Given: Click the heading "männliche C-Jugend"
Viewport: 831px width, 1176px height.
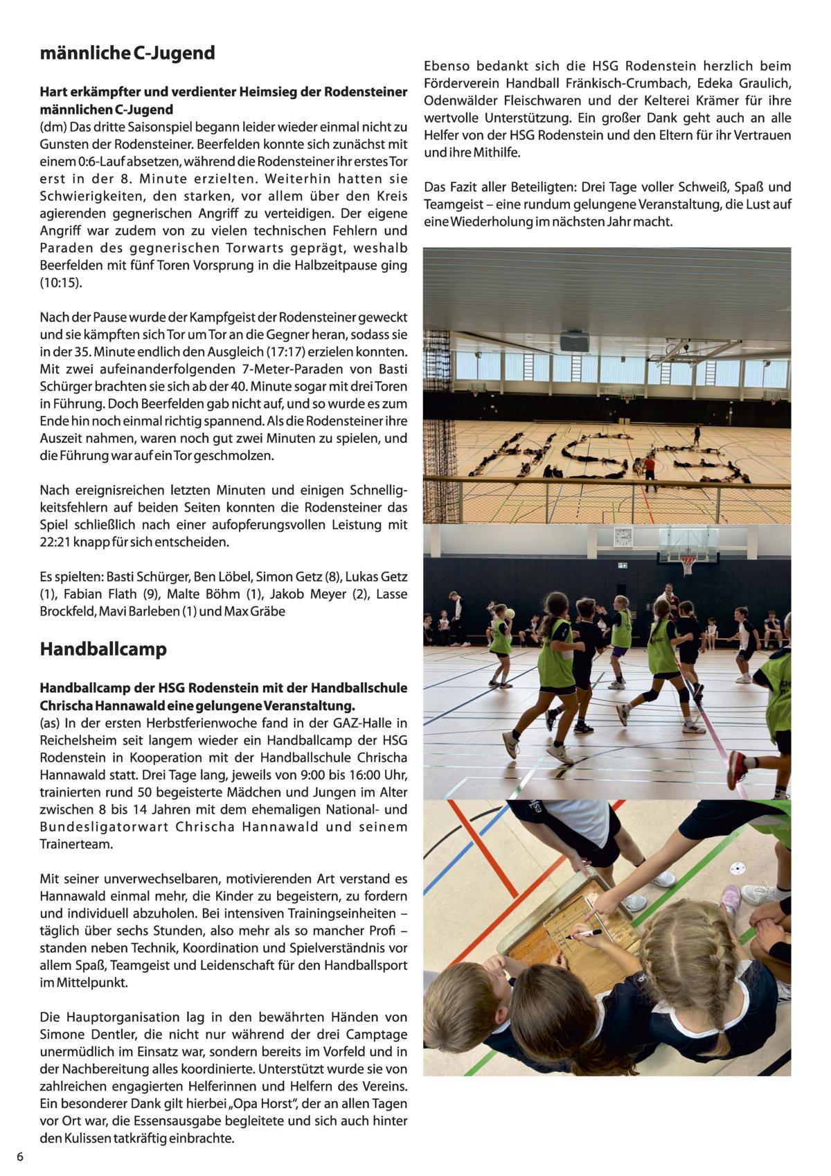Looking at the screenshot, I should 127,53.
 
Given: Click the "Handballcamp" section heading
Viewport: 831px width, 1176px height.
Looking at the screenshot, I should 103,649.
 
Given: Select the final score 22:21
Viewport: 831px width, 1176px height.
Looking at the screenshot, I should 58,542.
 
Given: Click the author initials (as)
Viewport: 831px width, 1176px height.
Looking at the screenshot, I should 50,723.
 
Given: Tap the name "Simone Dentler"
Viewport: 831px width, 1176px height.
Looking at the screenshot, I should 86,1034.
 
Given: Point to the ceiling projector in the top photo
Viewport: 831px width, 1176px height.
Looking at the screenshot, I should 574,341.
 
